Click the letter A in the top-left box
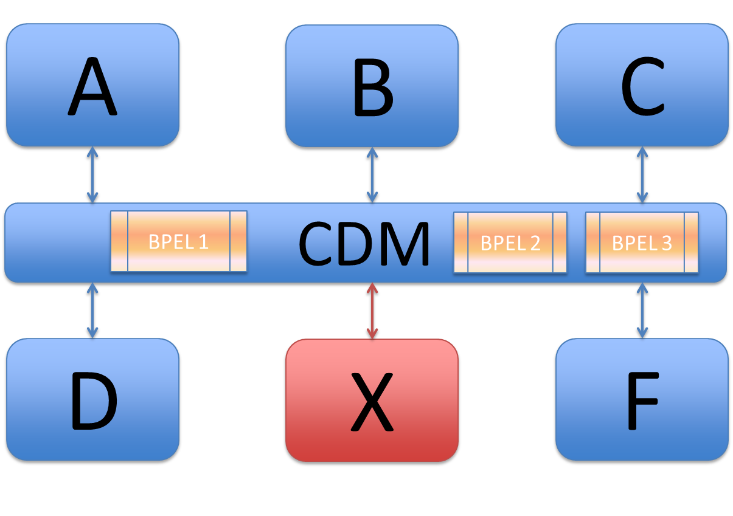tap(92, 86)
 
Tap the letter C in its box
tap(642, 86)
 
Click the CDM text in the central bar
tap(364, 244)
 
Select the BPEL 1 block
tap(178, 241)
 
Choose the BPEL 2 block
tap(510, 243)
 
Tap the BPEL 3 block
tap(641, 243)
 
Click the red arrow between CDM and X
tap(372, 311)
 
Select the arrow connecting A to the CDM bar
tap(92, 175)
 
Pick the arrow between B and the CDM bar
tap(372, 175)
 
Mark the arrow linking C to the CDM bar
tap(642, 175)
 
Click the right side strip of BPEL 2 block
tap(560, 243)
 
